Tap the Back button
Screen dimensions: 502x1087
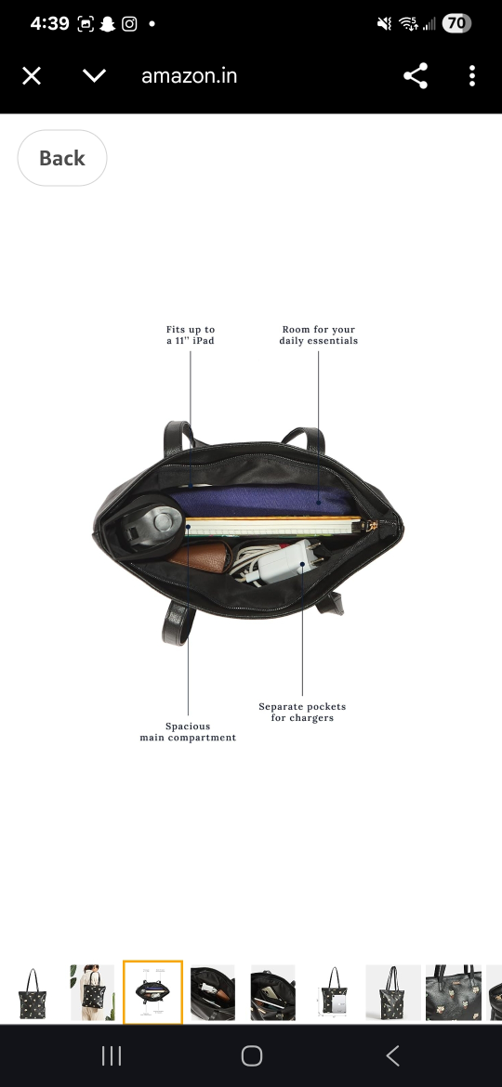pos(61,158)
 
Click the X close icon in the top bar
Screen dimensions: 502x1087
pos(32,75)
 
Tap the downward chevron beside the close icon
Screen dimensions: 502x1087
pos(94,75)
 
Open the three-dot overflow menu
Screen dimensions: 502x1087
pos(472,75)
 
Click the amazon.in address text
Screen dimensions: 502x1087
pos(190,75)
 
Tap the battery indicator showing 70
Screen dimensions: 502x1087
pos(456,23)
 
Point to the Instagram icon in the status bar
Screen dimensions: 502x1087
pos(129,23)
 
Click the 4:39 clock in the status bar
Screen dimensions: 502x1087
pos(49,23)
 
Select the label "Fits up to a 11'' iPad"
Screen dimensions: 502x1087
pos(191,334)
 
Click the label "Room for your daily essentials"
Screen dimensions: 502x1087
pos(319,334)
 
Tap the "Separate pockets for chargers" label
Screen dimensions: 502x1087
pos(302,712)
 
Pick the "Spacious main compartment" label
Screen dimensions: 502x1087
pos(188,732)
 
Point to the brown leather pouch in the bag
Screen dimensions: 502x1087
pos(199,557)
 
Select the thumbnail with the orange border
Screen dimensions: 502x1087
pos(152,992)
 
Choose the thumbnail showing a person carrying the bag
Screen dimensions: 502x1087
pos(92,992)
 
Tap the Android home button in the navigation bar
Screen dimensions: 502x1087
pos(252,1055)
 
